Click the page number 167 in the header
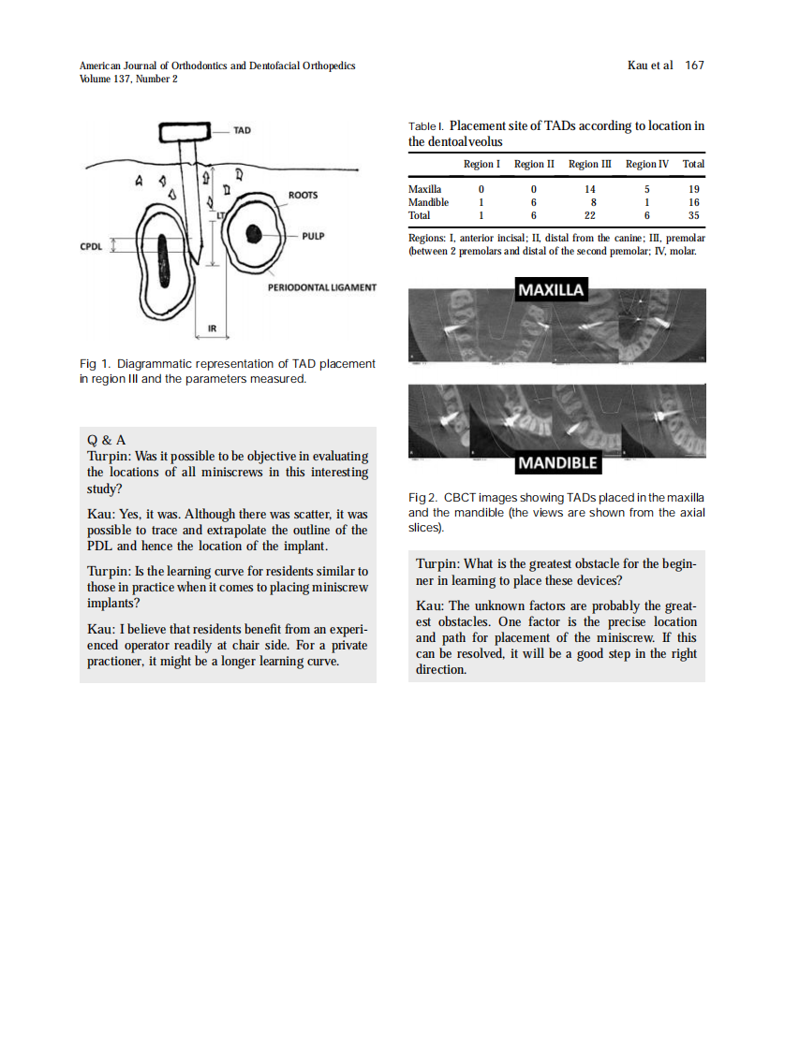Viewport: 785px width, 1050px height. click(694, 66)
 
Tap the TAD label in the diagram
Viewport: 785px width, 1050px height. click(242, 130)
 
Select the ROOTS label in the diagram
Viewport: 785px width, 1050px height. click(303, 195)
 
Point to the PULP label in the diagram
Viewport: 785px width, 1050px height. click(314, 236)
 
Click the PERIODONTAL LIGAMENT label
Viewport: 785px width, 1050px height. click(321, 288)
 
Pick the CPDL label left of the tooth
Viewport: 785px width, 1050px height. click(91, 246)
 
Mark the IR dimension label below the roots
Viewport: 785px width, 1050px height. click(212, 328)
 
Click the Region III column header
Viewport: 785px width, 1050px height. click(590, 164)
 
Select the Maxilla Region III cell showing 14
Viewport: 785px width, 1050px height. click(590, 189)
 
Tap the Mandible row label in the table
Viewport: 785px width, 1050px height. click(428, 202)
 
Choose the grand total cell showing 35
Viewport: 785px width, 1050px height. click(693, 215)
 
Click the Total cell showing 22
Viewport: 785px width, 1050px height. click(590, 215)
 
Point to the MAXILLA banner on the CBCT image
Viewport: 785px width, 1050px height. click(552, 289)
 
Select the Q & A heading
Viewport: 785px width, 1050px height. click(106, 440)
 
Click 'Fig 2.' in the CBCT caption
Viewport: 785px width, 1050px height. click(423, 496)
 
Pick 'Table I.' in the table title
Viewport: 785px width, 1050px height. click(427, 126)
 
